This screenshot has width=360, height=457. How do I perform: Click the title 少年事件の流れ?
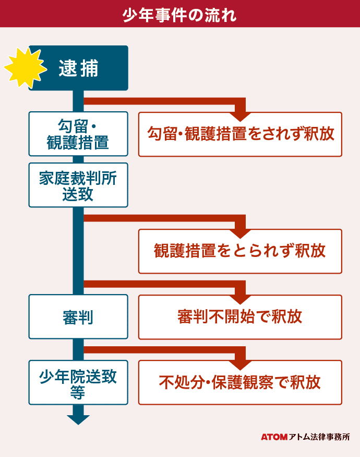tap(179, 14)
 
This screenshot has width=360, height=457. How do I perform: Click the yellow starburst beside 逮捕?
tap(22, 68)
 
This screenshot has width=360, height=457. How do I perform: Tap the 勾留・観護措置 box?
tap(78, 134)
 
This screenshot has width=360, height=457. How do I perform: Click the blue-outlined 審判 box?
tap(78, 317)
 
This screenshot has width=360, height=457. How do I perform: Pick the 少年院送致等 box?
tap(78, 383)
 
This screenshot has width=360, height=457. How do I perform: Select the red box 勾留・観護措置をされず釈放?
tap(240, 134)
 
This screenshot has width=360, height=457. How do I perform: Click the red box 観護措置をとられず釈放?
tap(240, 251)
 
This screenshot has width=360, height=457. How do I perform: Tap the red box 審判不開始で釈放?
tap(240, 317)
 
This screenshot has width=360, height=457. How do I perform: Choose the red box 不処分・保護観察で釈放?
tap(240, 382)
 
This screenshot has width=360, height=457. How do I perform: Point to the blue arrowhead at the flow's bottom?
tap(78, 419)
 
